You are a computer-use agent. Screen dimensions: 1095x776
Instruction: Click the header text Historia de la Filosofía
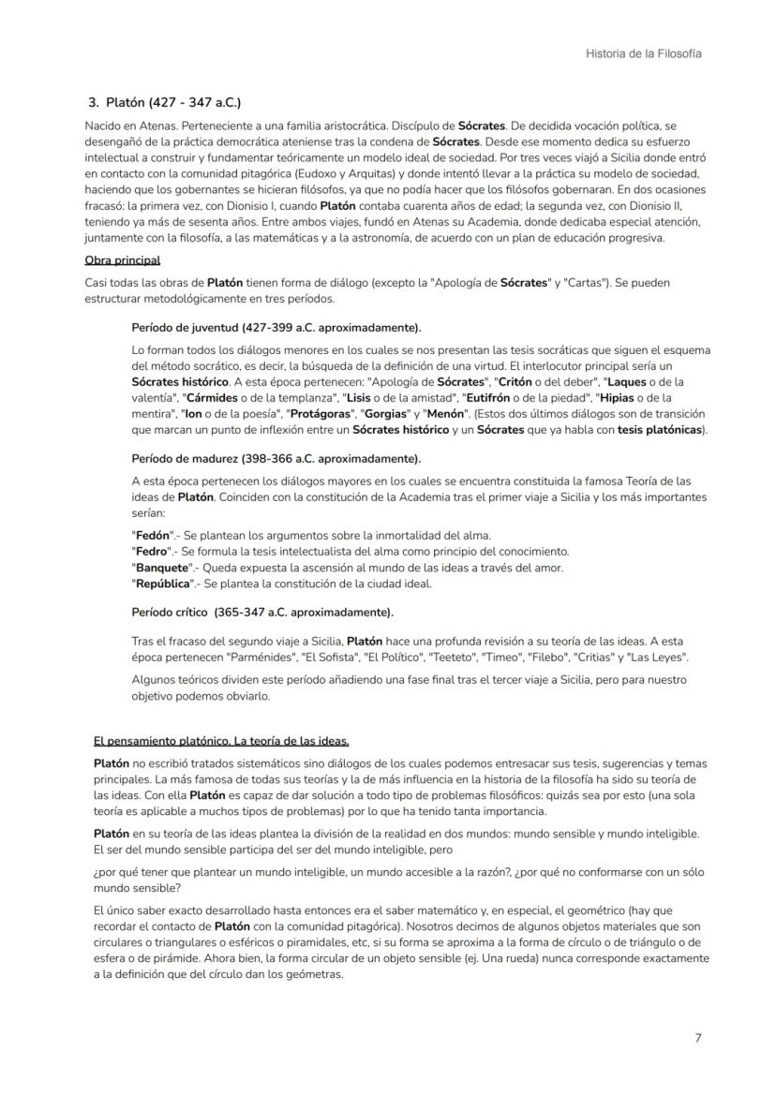click(643, 53)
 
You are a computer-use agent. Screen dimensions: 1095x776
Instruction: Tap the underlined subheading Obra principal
click(122, 259)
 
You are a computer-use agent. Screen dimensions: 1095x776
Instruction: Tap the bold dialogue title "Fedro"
click(149, 551)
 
